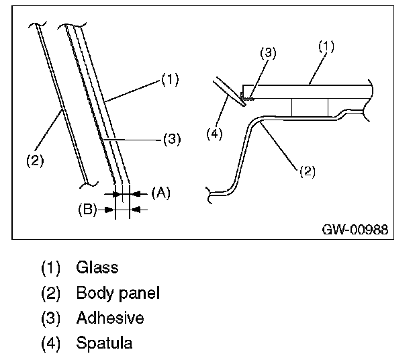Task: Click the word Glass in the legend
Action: tap(97, 267)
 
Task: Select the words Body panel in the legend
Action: tap(118, 293)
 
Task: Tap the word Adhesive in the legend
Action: tap(110, 318)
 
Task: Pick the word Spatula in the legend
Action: tap(104, 343)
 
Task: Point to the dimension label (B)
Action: tap(87, 210)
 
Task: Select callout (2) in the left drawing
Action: tap(35, 161)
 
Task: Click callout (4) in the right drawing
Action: tap(214, 134)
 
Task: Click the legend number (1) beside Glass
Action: tap(51, 267)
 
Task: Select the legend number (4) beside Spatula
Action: tap(51, 343)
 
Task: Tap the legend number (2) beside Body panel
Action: tap(51, 293)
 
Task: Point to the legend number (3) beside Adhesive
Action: tap(51, 318)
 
